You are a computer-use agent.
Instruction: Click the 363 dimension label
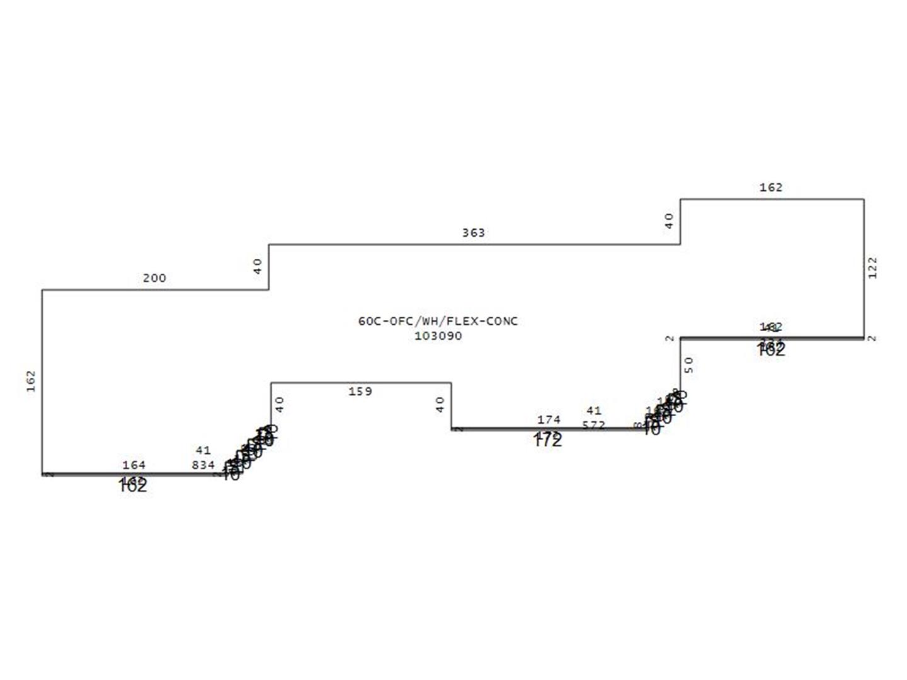tap(474, 233)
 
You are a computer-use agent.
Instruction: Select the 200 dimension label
tap(154, 278)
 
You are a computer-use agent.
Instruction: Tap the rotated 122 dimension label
tap(872, 268)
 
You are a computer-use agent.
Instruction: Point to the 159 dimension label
tap(360, 392)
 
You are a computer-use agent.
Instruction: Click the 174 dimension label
tap(549, 419)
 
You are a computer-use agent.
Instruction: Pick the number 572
tap(593, 425)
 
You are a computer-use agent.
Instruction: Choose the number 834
tap(203, 465)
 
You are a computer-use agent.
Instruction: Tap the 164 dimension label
tap(134, 465)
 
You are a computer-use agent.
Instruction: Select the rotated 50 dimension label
tap(688, 365)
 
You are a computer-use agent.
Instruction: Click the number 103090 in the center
tap(438, 336)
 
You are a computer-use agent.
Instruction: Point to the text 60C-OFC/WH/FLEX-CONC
tap(438, 321)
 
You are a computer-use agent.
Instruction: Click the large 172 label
tap(547, 441)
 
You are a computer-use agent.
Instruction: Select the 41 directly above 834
tap(203, 450)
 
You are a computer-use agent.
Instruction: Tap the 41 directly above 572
tap(593, 411)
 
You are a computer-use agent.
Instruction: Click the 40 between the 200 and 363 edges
tap(258, 266)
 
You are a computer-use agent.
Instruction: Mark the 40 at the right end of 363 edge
tap(669, 220)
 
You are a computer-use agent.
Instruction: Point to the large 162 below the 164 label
tap(132, 487)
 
